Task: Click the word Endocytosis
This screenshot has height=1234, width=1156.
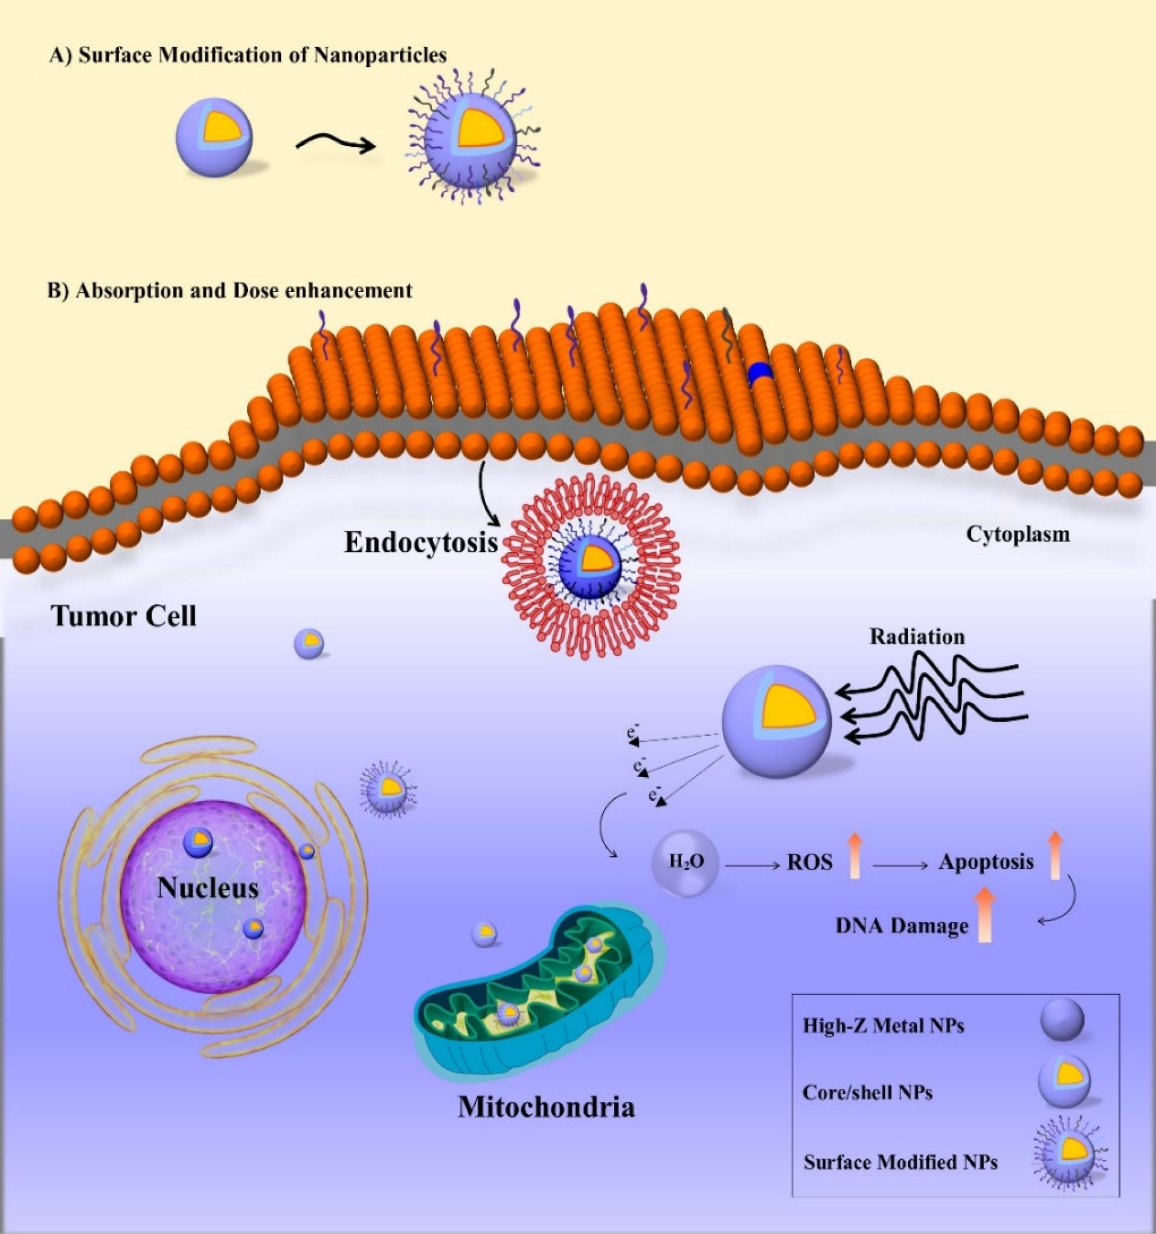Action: (421, 543)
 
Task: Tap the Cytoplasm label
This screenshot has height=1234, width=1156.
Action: (1018, 534)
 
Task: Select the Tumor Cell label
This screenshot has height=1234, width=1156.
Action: (124, 616)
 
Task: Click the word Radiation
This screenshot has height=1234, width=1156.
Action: (917, 637)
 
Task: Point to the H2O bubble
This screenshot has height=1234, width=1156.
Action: (685, 863)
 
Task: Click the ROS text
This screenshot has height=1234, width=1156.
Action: (809, 863)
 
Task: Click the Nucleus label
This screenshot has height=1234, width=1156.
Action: (208, 888)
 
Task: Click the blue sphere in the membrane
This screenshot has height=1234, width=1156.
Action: (760, 374)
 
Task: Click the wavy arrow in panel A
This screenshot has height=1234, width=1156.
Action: (335, 144)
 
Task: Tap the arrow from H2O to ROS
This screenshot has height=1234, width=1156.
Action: (751, 863)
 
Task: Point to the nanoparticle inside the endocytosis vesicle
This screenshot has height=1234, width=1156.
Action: (589, 565)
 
